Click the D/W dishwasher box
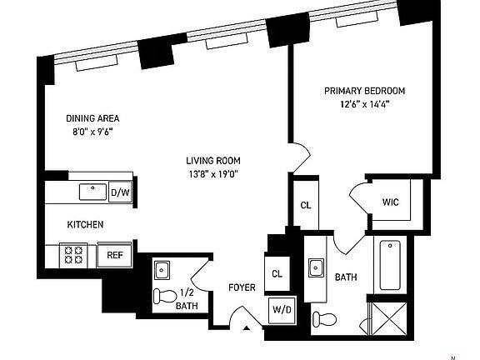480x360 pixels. [120, 193]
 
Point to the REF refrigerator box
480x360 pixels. [115, 255]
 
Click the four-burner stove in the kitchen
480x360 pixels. [72, 255]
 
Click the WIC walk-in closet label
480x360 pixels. [392, 202]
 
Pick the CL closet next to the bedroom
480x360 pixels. [305, 206]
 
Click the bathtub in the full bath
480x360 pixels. [389, 264]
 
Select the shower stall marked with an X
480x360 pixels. [389, 315]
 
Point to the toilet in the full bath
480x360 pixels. [325, 317]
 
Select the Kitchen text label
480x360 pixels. [85, 225]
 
